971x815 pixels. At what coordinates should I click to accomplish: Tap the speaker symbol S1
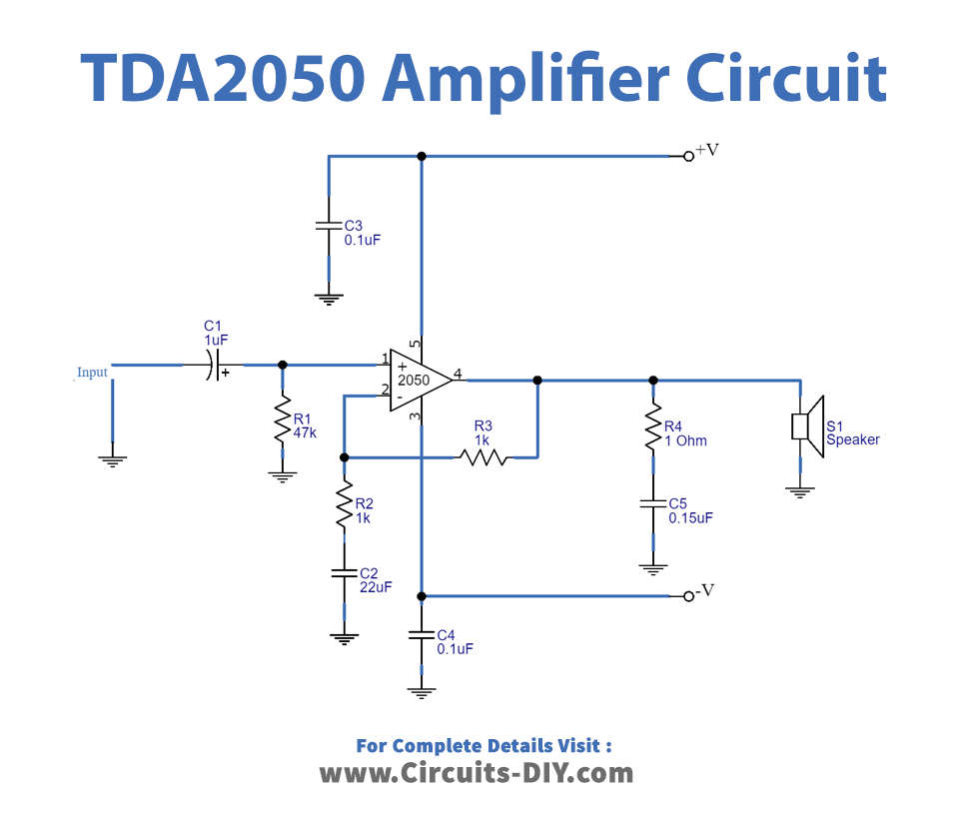pyautogui.click(x=807, y=425)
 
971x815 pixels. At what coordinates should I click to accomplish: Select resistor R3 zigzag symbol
pyautogui.click(x=483, y=458)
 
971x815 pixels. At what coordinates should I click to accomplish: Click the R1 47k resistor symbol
pyautogui.click(x=283, y=424)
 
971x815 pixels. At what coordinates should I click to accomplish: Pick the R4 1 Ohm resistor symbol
pyautogui.click(x=653, y=425)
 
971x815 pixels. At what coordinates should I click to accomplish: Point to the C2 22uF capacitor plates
pyautogui.click(x=344, y=573)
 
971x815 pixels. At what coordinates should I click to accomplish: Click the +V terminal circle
pyautogui.click(x=688, y=157)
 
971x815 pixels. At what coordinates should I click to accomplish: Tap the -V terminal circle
pyautogui.click(x=688, y=596)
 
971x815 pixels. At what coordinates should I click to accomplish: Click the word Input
pyautogui.click(x=92, y=373)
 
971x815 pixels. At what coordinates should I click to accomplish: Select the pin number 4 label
pyautogui.click(x=458, y=375)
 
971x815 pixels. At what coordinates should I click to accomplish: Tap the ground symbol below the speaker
pyautogui.click(x=800, y=489)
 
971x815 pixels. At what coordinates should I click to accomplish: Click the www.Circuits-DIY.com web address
pyautogui.click(x=476, y=772)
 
